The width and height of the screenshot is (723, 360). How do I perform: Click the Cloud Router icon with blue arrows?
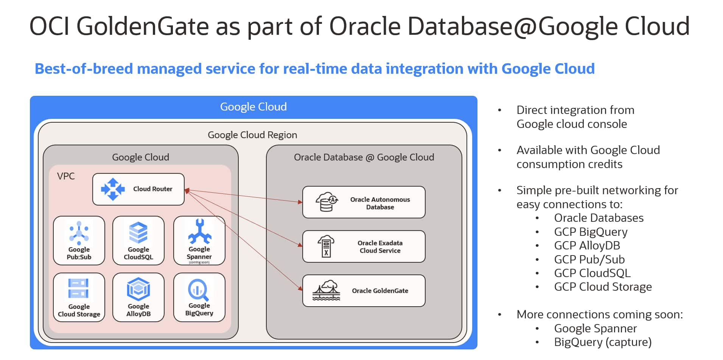pos(113,189)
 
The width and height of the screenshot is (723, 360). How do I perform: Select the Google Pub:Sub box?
pos(79,240)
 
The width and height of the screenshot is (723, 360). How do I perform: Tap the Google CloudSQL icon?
pos(138,232)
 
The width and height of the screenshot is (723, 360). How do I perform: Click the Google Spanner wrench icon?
pos(199,232)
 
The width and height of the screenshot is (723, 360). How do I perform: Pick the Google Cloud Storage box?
pos(79,298)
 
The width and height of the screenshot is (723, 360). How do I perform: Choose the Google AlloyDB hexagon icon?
pos(138,290)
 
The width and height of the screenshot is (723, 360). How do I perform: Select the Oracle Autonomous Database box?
pos(364,202)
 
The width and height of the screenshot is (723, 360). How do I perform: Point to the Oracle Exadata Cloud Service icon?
pos(326,246)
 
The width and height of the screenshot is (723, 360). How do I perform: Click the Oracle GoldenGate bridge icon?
pos(326,290)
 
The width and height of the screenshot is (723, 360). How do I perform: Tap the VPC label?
pos(66,176)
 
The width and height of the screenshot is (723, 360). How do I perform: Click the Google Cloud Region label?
pos(252,135)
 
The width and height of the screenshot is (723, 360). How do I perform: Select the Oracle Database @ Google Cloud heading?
pos(364,157)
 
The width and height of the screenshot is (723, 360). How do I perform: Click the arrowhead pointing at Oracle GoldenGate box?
pos(301,289)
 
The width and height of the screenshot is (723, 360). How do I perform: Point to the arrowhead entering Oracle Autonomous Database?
pos(300,202)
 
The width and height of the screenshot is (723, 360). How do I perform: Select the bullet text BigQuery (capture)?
pos(603,342)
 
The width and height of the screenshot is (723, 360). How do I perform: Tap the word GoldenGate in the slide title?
pos(143,26)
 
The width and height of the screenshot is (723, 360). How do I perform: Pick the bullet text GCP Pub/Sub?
pos(589,259)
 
